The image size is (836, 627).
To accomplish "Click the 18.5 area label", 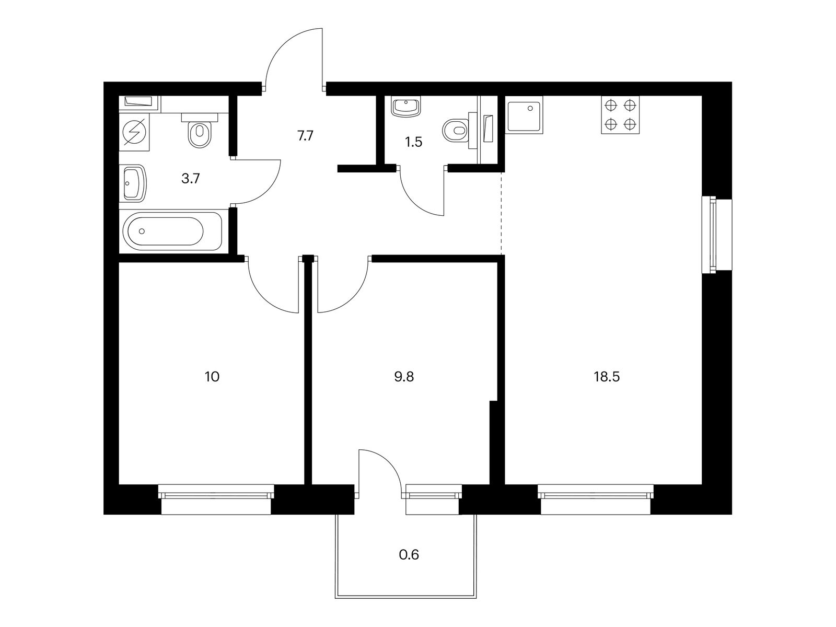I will [x=606, y=377].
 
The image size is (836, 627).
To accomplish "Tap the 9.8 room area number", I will [x=404, y=377].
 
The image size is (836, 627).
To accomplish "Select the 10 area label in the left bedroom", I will [x=212, y=377].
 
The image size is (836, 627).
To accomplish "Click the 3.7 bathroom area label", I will [x=190, y=179].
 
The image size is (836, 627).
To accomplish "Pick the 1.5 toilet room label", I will [x=413, y=142].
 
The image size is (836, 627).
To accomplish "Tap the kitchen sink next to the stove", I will [x=524, y=115].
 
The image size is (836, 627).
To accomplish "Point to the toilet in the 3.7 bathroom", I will [x=199, y=133].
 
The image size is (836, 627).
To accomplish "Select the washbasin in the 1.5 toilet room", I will [x=405, y=107].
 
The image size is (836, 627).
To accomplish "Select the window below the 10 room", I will [x=216, y=499].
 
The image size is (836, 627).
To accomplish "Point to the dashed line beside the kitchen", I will [x=502, y=214].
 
